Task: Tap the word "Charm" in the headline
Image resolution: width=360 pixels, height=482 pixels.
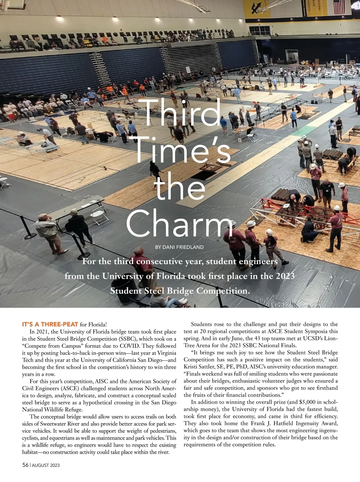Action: [179, 223]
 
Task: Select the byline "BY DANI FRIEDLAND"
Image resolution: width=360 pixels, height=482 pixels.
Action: [179, 247]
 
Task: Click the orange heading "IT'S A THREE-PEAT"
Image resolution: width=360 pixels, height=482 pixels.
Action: [50, 324]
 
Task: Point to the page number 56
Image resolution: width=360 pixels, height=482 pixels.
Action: [25, 465]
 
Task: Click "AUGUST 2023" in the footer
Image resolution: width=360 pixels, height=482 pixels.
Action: [46, 465]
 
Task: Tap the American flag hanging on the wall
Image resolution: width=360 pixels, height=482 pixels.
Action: [339, 7]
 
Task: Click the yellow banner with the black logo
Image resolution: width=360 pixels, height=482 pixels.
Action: [256, 9]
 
